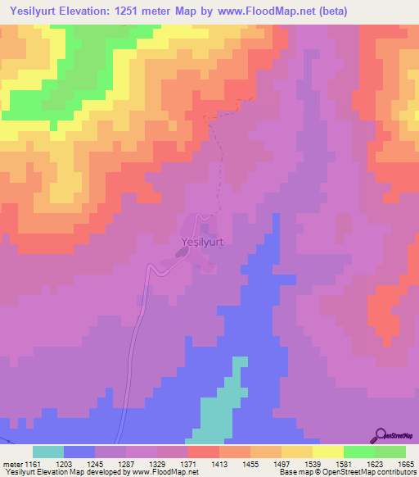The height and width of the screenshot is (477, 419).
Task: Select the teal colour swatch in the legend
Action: pyautogui.click(x=48, y=452)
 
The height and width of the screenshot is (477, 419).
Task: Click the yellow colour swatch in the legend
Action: pyautogui.click(x=327, y=452)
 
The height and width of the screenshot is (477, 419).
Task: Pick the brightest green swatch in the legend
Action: pyautogui.click(x=358, y=452)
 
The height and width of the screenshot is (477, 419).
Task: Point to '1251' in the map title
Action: pyautogui.click(x=133, y=11)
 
